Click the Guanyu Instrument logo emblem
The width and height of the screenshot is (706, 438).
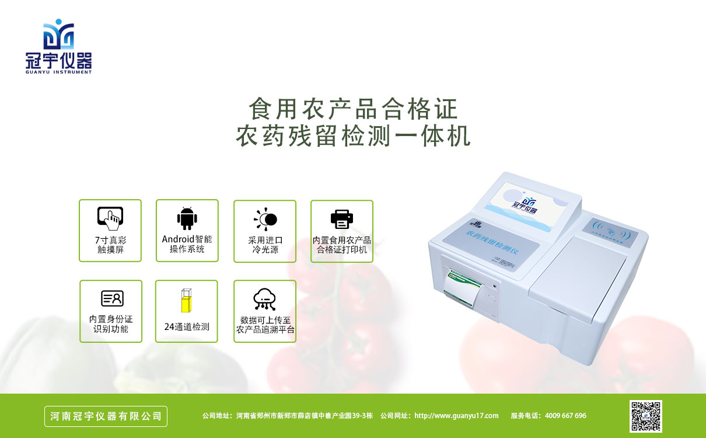[x=58, y=34]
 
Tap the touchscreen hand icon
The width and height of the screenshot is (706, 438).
[x=110, y=218]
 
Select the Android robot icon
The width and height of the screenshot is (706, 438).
[x=187, y=218]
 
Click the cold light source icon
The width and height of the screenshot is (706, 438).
[x=265, y=219]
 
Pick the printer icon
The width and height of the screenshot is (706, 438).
[x=342, y=219]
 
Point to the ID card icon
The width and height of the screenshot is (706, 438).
[x=111, y=298]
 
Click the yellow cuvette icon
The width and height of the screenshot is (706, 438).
[x=186, y=301]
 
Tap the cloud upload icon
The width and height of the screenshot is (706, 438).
[x=264, y=299]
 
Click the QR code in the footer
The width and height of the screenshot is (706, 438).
[x=645, y=416]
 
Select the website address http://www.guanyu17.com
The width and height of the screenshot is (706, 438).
[x=456, y=416]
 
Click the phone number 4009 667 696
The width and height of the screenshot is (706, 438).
[x=565, y=416]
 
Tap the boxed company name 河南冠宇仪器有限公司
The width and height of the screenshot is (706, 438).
[x=106, y=416]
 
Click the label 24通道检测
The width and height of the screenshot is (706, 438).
[x=187, y=327]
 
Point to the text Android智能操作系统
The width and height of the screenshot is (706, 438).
[x=187, y=244]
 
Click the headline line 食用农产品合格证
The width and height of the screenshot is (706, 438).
[x=353, y=109]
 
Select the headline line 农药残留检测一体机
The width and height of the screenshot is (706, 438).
[x=353, y=137]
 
